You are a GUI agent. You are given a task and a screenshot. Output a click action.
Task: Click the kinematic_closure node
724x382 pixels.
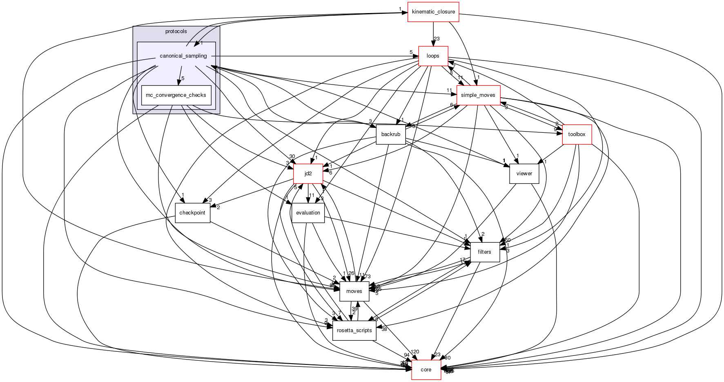click(433, 12)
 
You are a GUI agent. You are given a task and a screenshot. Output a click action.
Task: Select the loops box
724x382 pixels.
click(433, 56)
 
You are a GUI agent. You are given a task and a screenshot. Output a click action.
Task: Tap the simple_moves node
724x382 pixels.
click(478, 95)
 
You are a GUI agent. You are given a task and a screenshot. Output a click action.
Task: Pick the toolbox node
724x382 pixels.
click(577, 134)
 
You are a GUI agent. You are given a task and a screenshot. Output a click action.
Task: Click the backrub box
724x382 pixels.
click(391, 134)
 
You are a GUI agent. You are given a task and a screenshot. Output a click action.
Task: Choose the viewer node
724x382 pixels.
click(524, 174)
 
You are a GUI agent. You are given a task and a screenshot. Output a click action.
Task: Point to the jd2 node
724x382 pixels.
click(308, 174)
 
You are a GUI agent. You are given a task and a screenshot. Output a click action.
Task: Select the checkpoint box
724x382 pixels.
click(192, 213)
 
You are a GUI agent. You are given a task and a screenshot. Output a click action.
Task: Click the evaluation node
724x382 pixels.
click(308, 213)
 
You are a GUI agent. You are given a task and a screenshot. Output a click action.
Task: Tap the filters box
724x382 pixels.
click(485, 252)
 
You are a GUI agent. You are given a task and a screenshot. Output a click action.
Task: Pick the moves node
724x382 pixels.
click(354, 291)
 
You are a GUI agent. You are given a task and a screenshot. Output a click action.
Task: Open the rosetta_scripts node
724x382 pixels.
click(354, 331)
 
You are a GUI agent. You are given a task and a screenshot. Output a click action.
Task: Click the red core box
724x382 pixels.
click(426, 370)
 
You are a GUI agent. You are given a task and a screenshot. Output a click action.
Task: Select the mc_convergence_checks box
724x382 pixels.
click(176, 95)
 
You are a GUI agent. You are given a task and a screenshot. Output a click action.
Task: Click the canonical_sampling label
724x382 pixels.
click(183, 56)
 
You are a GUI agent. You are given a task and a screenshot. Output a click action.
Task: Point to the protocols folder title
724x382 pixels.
click(176, 31)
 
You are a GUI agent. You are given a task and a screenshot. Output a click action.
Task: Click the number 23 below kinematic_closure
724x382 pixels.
click(437, 39)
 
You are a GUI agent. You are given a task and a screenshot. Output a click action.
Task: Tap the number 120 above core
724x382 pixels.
click(415, 352)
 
